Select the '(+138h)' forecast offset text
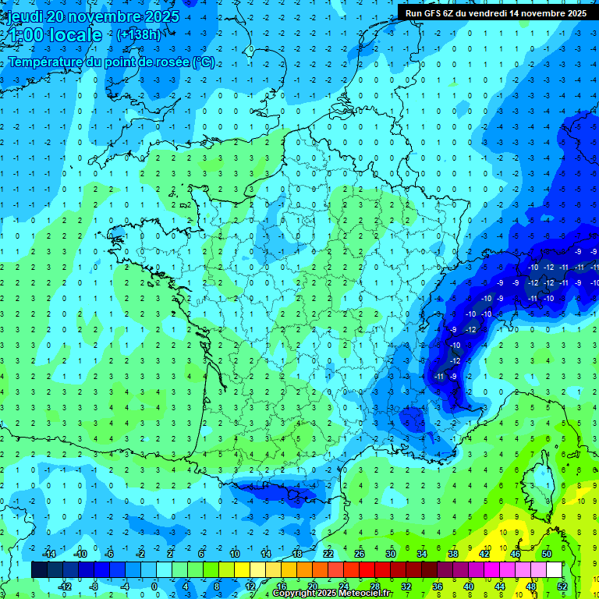[x=139, y=35]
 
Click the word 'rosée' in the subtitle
[x=171, y=62]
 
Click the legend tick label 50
[x=546, y=553]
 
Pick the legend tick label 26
[x=359, y=553]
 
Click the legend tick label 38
[x=452, y=553]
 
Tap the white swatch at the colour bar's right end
[x=555, y=570]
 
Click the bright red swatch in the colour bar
[x=367, y=570]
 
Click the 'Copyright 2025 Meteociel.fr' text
[x=331, y=594]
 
